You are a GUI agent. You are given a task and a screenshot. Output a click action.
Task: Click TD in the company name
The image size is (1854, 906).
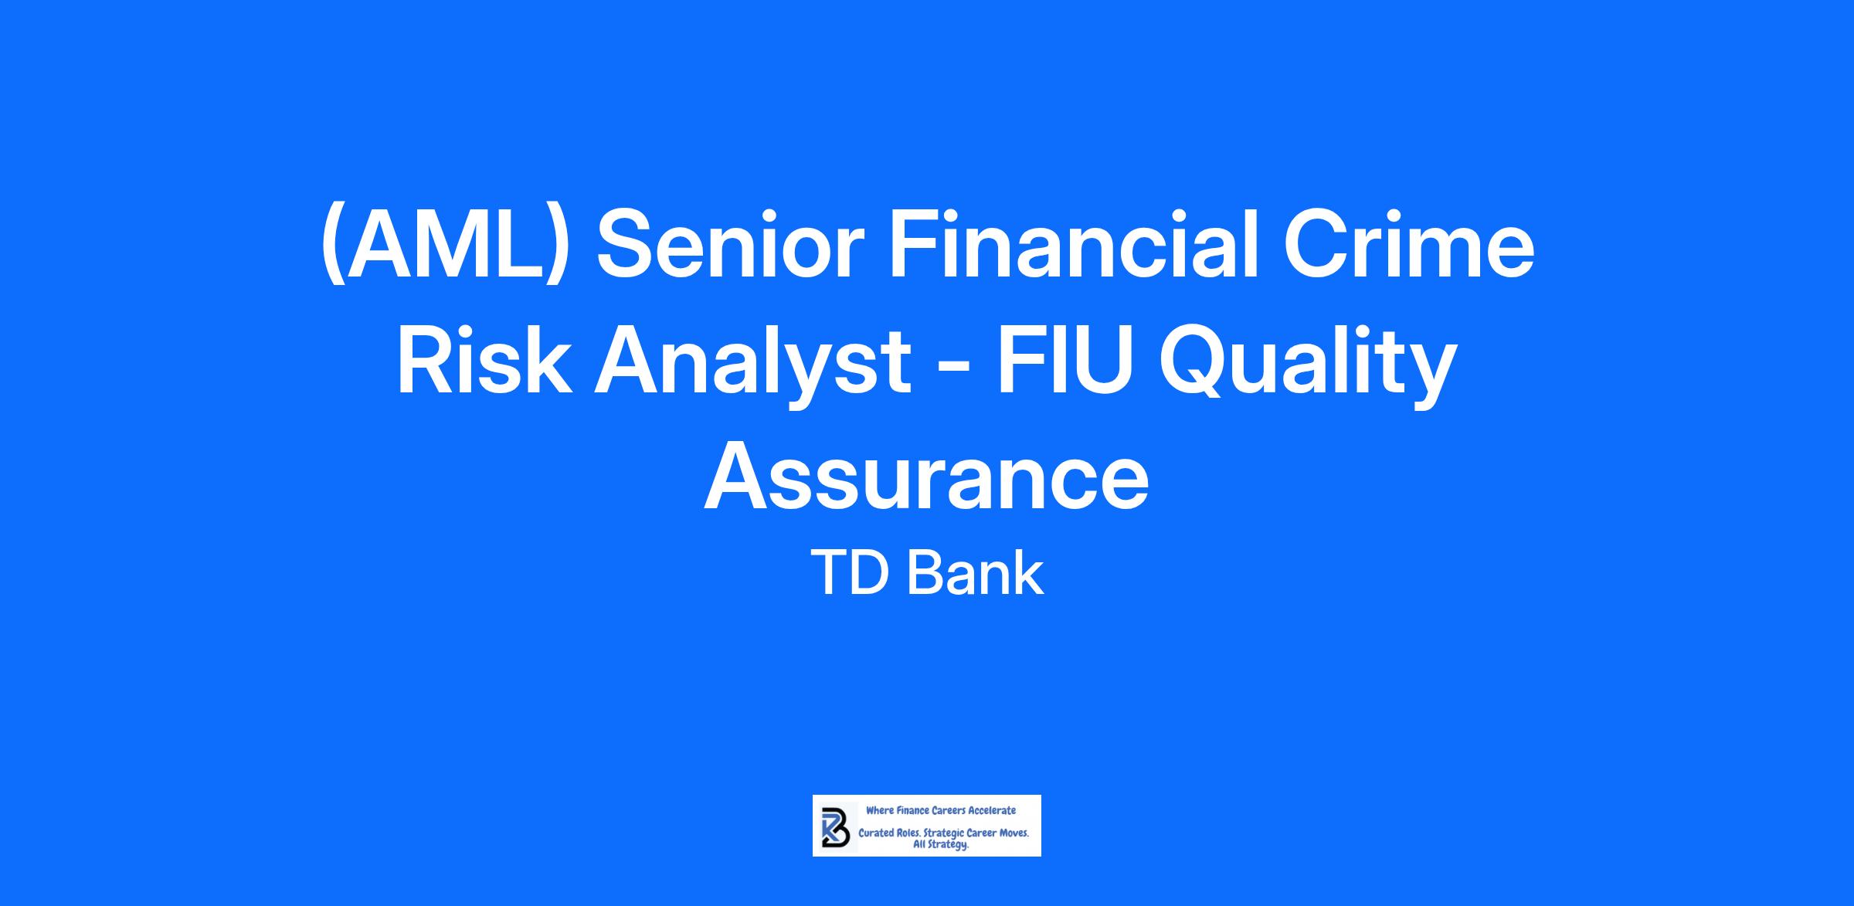pos(848,573)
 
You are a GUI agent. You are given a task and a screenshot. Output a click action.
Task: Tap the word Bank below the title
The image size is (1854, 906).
pos(975,573)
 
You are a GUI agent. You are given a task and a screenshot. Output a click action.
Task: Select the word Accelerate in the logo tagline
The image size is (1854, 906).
pos(992,810)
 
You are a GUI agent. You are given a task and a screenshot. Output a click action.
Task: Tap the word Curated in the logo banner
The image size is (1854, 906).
pos(876,834)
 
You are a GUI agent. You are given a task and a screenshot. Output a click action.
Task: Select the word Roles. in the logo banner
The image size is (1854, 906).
pos(910,834)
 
